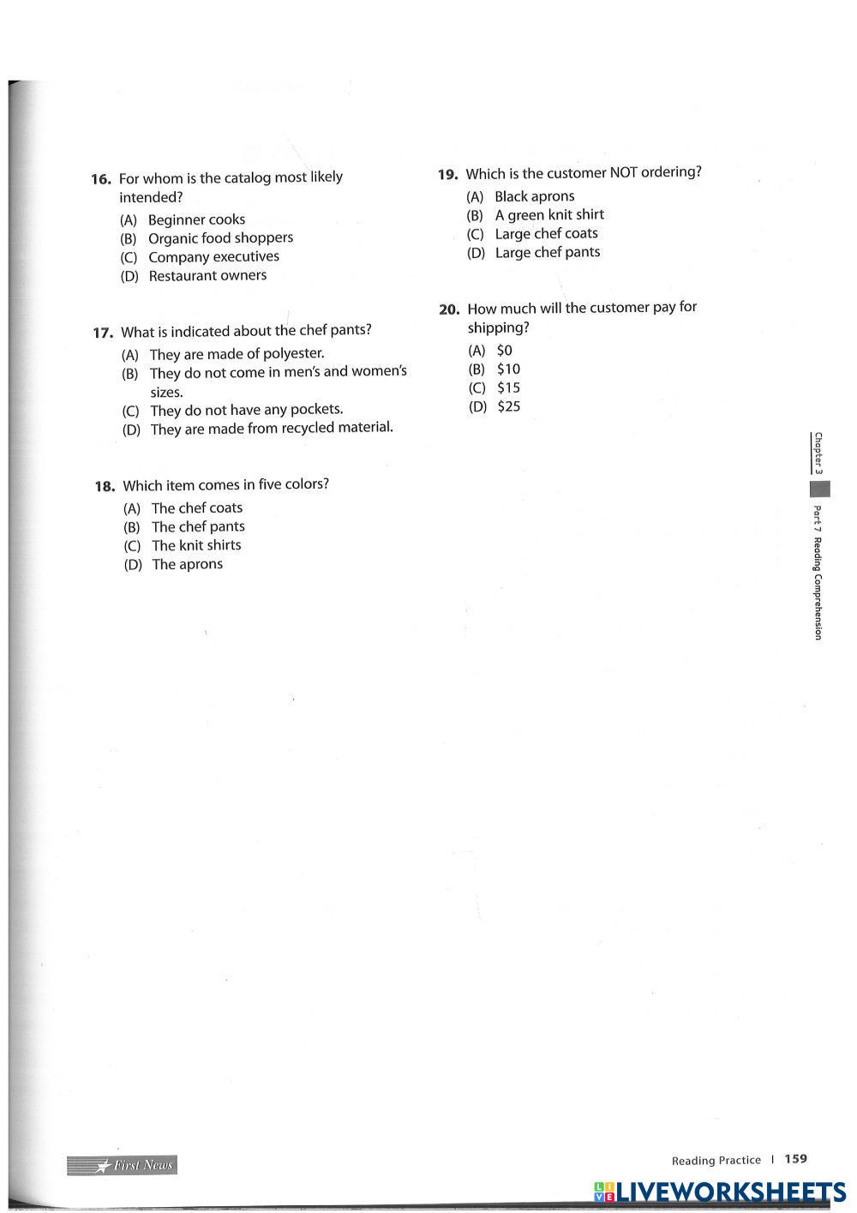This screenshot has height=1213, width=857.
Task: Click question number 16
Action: (x=101, y=179)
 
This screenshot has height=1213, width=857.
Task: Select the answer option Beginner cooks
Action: (x=196, y=219)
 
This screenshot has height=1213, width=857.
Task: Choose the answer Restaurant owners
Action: (x=207, y=276)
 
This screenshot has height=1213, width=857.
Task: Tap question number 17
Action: (x=103, y=333)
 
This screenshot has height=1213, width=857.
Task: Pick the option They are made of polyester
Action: (x=237, y=353)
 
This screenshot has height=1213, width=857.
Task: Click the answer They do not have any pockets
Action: (x=246, y=410)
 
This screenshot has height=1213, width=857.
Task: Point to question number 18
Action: (x=105, y=486)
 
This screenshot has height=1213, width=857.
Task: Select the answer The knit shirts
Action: (x=196, y=545)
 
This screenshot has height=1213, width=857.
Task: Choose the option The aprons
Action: (x=187, y=564)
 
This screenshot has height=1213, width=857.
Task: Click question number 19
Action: (x=447, y=175)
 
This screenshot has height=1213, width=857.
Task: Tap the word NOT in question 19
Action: (x=623, y=172)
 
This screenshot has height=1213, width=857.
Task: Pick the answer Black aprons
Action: (x=534, y=196)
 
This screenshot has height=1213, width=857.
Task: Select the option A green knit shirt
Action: (x=548, y=215)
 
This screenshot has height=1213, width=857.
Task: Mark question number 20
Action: (x=449, y=309)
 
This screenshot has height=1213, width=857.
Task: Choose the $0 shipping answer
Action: (x=504, y=350)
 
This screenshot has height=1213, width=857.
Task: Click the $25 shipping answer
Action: (x=508, y=406)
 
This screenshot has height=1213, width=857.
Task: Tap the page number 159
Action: (x=795, y=1159)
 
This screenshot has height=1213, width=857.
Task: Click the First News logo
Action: (x=123, y=1165)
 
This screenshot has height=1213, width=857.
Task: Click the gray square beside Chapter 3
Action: (x=819, y=489)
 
